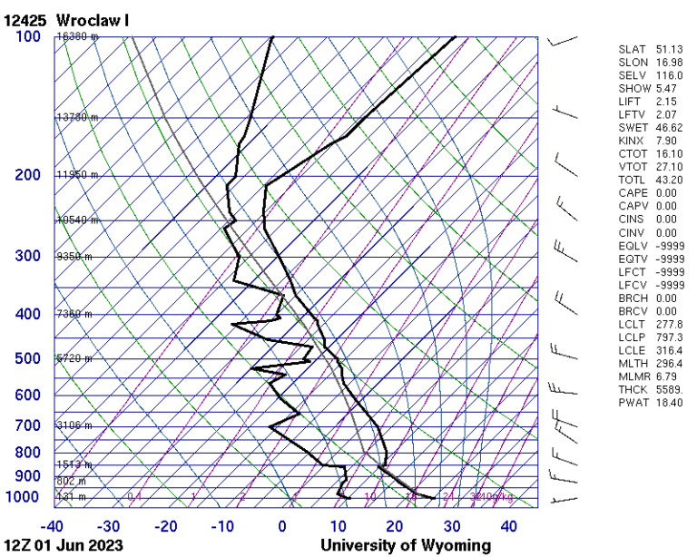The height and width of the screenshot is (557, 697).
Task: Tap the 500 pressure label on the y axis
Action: [x=28, y=358]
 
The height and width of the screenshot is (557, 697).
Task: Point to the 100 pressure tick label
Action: [x=28, y=36]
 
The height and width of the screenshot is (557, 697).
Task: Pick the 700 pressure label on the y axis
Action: [x=28, y=425]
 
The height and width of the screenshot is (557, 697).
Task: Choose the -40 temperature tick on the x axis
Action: [x=53, y=526]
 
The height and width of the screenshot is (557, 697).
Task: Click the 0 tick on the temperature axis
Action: [x=281, y=526]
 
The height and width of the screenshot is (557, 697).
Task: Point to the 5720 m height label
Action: [x=74, y=358]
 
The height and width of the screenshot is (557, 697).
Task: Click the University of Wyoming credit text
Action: [x=405, y=545]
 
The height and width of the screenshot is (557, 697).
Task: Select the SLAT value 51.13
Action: [x=667, y=49]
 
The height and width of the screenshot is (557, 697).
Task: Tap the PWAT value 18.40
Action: [x=667, y=402]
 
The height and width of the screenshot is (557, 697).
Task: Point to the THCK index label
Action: [x=633, y=389]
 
